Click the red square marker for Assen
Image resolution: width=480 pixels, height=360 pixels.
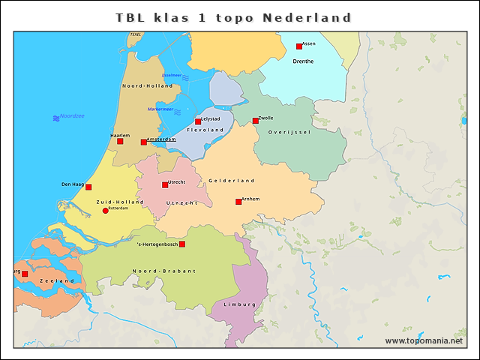coord(298,46)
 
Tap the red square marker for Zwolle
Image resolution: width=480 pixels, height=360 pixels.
coord(255,121)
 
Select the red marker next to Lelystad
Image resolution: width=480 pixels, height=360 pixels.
coord(198,121)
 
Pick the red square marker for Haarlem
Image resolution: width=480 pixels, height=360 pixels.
coord(120,141)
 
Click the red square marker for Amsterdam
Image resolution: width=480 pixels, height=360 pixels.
coord(144,142)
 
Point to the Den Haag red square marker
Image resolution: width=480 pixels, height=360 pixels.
coord(88,187)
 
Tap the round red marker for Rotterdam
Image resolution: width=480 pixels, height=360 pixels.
coord(105,211)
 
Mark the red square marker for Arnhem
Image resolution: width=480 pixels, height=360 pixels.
coord(238,201)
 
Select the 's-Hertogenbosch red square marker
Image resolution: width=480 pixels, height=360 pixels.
coord(181,244)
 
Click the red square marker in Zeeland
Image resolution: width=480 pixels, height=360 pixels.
coord(25,274)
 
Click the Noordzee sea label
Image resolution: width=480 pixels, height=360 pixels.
coord(72,116)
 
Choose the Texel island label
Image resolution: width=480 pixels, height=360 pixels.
coord(135,34)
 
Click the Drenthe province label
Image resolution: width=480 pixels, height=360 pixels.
coord(303,61)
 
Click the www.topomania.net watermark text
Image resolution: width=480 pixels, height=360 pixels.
coord(424,340)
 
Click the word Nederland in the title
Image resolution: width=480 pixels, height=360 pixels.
coord(307,16)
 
